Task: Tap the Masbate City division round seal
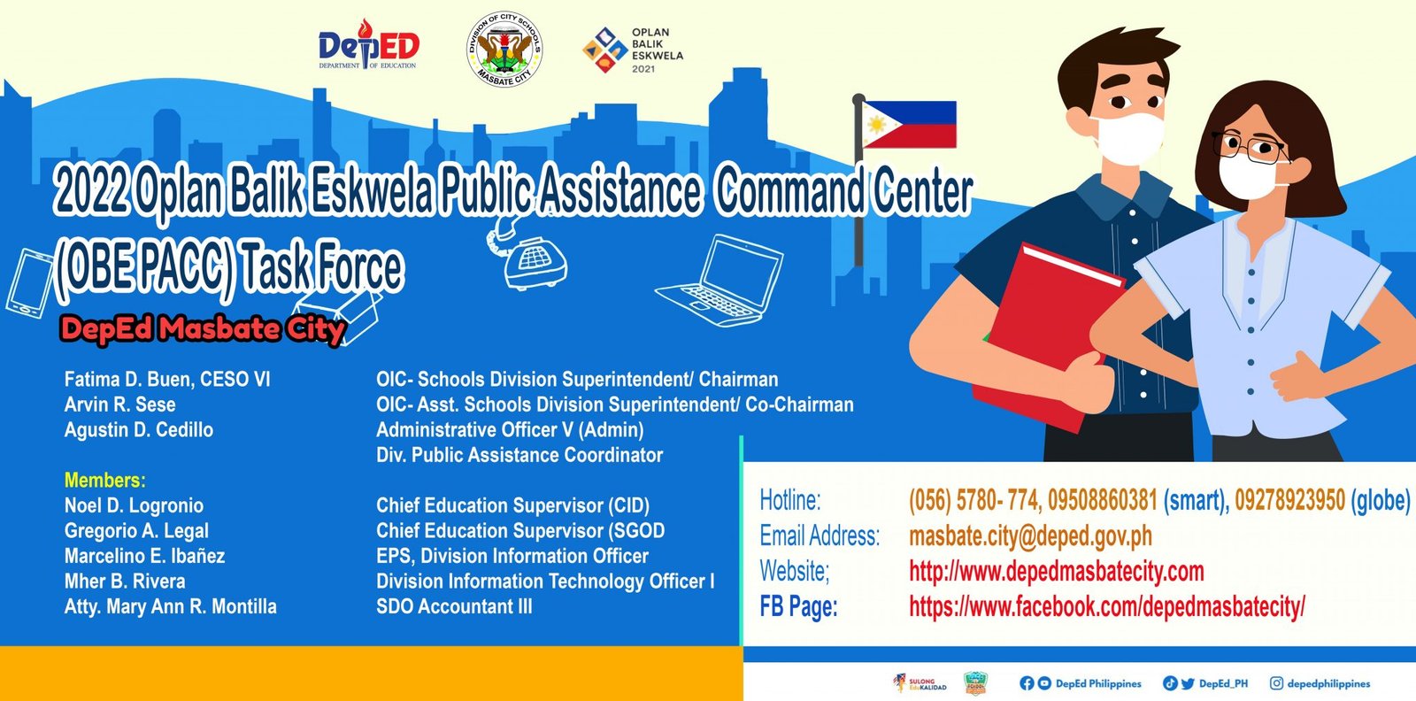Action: click(x=504, y=50)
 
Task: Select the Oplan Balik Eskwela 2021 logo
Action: click(x=632, y=50)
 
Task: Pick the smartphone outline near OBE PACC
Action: click(x=28, y=282)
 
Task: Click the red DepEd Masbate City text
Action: click(x=201, y=329)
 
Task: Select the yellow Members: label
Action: click(x=104, y=481)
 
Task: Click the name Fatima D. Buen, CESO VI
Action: click(x=167, y=380)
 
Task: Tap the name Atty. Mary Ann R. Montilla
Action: click(x=170, y=607)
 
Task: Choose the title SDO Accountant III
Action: click(x=454, y=607)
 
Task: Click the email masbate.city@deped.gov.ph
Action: click(x=1030, y=536)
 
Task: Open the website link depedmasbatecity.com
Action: click(x=1056, y=572)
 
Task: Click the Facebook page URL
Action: click(x=1106, y=607)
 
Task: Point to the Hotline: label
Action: click(x=789, y=501)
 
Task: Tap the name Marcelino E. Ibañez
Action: click(x=144, y=557)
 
